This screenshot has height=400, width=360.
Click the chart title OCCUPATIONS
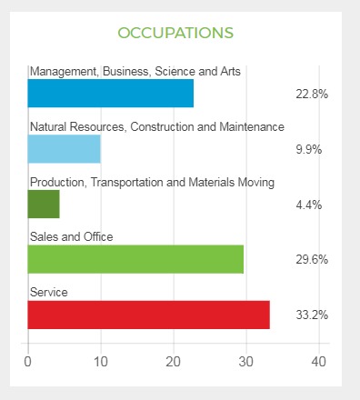tap(175, 33)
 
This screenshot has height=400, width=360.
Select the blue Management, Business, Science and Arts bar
tap(111, 94)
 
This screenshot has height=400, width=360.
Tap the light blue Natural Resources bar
tap(64, 149)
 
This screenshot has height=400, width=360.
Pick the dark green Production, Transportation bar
tap(44, 204)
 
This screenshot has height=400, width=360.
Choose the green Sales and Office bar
tap(135, 259)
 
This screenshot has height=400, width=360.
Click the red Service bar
tap(148, 315)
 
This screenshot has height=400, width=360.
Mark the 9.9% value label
tap(311, 149)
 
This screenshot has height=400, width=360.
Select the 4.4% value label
tap(311, 205)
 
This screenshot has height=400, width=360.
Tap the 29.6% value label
tap(311, 260)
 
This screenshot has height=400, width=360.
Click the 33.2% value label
tap(311, 315)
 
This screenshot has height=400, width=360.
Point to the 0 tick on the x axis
tap(28, 362)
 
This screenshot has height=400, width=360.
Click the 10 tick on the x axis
tap(100, 362)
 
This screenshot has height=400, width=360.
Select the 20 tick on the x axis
tap(173, 362)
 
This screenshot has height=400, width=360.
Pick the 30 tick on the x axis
tap(245, 362)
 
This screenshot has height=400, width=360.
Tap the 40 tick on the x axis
tap(318, 362)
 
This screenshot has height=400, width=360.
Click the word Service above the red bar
tap(48, 293)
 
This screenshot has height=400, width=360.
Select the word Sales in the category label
tap(45, 237)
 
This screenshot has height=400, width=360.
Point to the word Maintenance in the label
tap(248, 126)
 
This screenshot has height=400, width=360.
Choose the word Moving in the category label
tap(255, 182)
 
